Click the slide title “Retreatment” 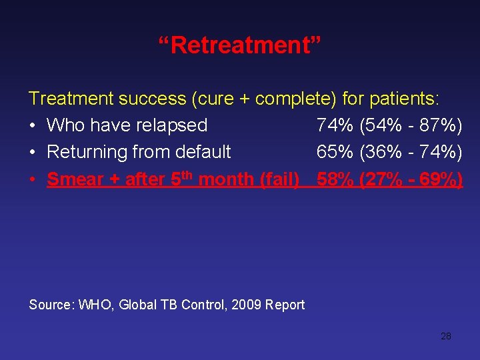tap(240, 47)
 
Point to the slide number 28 tap(446, 336)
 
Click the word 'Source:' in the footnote tap(51, 305)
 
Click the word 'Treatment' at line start tap(71, 99)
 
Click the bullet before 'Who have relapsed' tap(33, 125)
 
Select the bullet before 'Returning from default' tap(33, 152)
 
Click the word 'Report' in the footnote tap(285, 305)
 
